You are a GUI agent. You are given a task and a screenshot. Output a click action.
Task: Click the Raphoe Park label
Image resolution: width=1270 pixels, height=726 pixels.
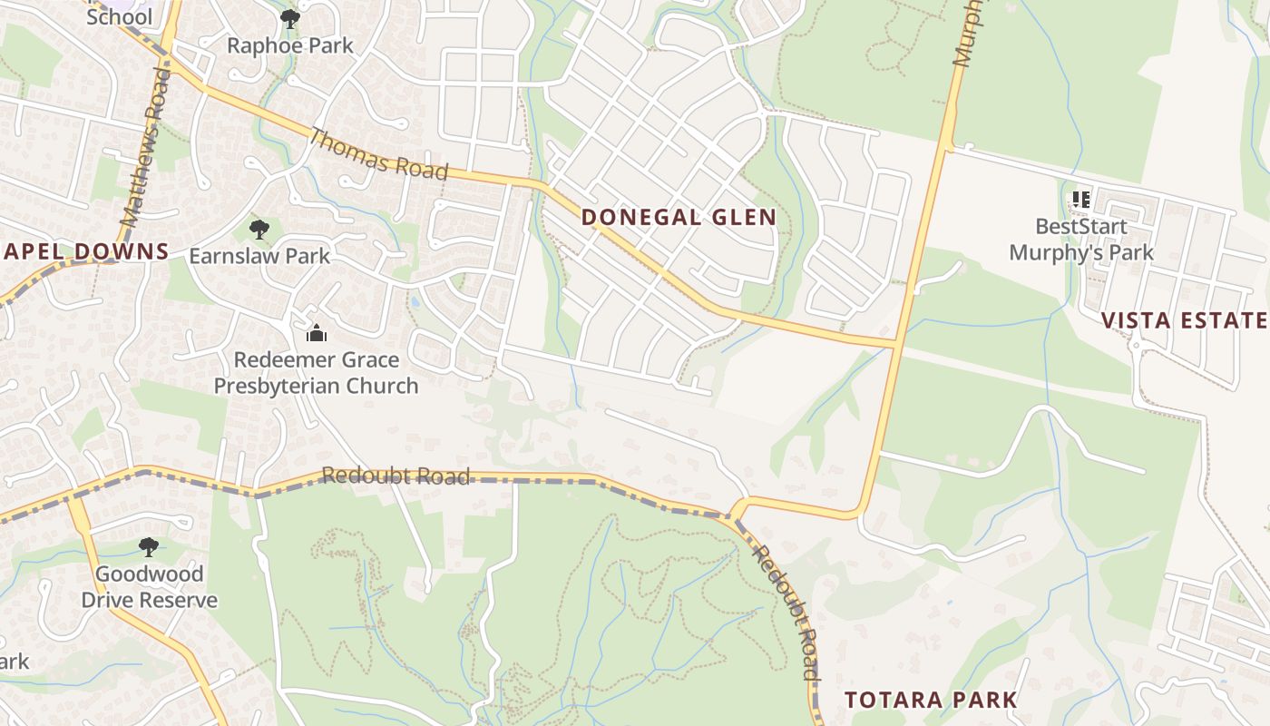[289, 45]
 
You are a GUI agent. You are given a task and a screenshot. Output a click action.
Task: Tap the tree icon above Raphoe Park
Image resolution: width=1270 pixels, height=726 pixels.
[289, 18]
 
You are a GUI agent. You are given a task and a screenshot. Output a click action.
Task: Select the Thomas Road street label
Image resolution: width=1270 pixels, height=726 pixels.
[379, 154]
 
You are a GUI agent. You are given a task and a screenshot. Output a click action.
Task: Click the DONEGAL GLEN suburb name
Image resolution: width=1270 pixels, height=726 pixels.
[679, 218]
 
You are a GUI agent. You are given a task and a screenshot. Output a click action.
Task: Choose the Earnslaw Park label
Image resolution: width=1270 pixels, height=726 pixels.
[259, 256]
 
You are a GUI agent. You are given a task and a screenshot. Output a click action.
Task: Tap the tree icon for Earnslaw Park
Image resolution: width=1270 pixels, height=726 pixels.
[259, 229]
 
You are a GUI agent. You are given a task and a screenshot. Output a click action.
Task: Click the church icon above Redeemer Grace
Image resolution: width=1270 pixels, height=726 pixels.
[316, 333]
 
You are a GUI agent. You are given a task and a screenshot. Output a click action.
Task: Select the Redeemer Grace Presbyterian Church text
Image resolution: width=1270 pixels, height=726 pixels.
[316, 373]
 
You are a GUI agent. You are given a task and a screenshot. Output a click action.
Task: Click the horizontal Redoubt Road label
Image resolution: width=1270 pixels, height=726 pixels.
[396, 476]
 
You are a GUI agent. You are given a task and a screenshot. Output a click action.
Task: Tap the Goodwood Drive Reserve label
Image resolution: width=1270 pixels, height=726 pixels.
[150, 587]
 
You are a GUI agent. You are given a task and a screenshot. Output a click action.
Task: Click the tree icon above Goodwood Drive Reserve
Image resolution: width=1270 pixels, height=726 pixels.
[148, 547]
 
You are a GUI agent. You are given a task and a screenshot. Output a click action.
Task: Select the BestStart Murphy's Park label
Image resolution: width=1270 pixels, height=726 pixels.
[1081, 240]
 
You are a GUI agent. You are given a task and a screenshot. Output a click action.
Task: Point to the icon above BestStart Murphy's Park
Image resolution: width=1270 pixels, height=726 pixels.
[1080, 199]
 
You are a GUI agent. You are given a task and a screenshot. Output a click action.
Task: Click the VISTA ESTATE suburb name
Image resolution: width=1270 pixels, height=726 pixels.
[1184, 320]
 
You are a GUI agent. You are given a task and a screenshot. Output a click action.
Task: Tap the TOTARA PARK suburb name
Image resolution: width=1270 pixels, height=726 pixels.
[931, 701]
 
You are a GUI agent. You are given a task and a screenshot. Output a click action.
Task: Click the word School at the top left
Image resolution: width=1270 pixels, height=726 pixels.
[119, 16]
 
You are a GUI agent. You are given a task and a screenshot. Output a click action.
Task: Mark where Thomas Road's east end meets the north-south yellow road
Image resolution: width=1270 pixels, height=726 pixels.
[896, 344]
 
